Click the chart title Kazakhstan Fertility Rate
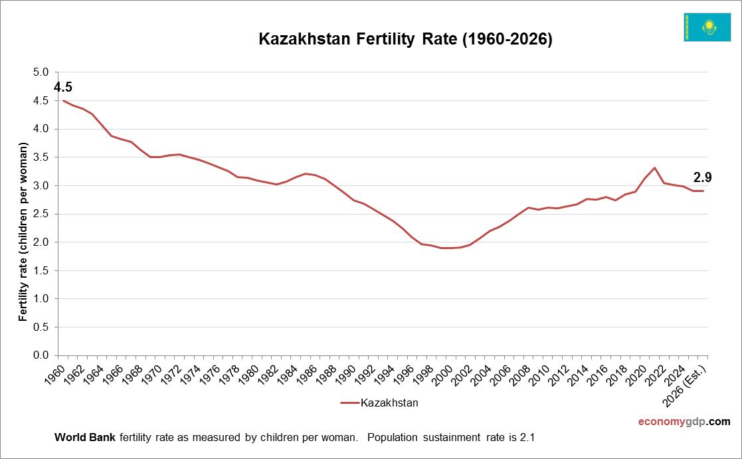[405, 39]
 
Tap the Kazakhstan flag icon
[707, 27]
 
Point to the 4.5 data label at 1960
[63, 87]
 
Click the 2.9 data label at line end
[703, 177]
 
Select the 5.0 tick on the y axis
[41, 72]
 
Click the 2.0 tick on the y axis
[41, 242]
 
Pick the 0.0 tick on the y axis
[41, 356]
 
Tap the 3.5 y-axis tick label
[41, 157]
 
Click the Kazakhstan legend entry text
[389, 403]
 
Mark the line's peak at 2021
[654, 167]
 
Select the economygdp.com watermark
[684, 421]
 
